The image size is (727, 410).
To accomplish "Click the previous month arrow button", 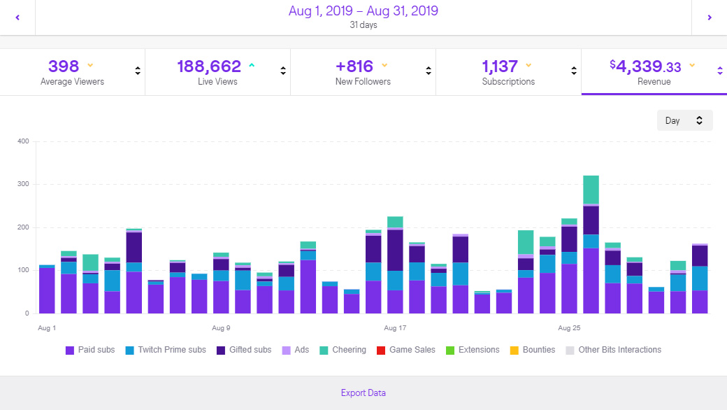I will coord(17,17).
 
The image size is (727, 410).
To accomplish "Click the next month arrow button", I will coord(709,17).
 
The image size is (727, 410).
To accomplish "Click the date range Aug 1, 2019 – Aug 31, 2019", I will coord(363,11).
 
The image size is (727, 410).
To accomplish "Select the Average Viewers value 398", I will coord(64,66).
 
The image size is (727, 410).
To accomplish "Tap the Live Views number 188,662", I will coord(208,66).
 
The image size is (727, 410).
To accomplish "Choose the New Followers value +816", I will coord(354,66).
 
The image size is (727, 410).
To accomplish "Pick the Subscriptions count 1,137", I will coord(500,66).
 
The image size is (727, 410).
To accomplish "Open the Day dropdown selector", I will coord(684,120).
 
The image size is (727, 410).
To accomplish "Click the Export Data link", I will coord(363,393).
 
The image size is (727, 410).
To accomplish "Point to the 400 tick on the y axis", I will coord(23,141).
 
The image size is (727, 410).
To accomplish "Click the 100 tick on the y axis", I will coord(23,270).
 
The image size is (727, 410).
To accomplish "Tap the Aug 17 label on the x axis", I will coord(395,327).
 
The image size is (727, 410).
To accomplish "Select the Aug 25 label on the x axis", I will coord(569,327).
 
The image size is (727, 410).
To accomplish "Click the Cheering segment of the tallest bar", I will coord(591,190).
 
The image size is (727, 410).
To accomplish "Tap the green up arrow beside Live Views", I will coord(252,66).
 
